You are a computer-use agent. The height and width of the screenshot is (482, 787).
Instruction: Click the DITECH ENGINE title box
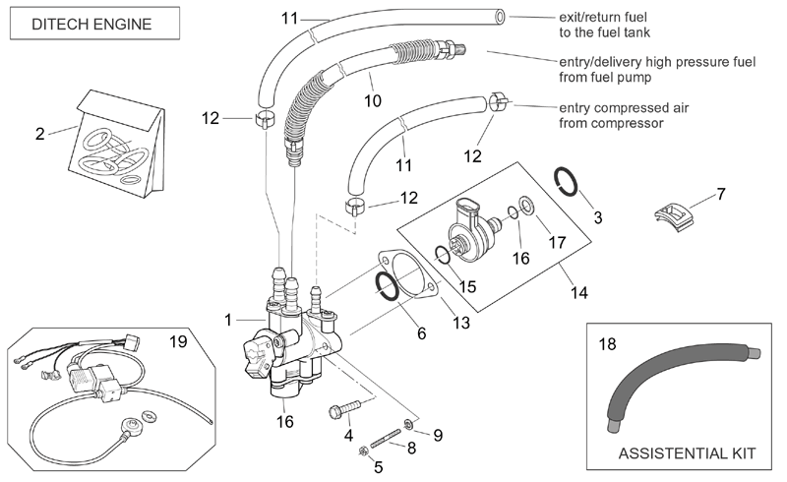[x=94, y=24]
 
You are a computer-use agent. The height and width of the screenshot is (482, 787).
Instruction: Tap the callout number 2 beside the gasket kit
[x=40, y=134]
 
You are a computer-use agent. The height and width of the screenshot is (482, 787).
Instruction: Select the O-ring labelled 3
[x=567, y=181]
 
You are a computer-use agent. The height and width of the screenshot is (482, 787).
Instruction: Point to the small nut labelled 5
[x=362, y=452]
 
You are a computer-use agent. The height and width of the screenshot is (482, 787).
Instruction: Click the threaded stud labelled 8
[x=386, y=438]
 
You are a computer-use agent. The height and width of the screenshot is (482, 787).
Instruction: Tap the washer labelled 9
[x=409, y=425]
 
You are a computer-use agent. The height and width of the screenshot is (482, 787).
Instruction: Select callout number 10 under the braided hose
[x=373, y=101]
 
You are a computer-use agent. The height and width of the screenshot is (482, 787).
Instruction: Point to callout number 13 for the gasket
[x=461, y=323]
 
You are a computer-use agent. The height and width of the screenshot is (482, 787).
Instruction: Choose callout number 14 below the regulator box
[x=578, y=293]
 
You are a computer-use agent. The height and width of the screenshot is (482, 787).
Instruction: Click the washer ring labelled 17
[x=526, y=205]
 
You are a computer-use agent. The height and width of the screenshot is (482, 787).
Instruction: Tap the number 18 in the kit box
[x=607, y=344]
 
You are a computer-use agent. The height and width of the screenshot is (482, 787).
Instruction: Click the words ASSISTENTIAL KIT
[x=687, y=453]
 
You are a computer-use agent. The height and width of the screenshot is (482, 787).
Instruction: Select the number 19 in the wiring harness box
[x=178, y=341]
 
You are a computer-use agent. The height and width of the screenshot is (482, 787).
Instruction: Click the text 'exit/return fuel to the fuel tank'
[x=604, y=25]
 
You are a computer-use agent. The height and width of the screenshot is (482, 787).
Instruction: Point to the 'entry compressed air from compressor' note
[x=624, y=115]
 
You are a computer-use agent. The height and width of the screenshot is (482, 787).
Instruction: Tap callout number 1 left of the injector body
[x=228, y=320]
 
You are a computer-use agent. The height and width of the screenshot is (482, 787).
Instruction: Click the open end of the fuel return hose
[x=500, y=17]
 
